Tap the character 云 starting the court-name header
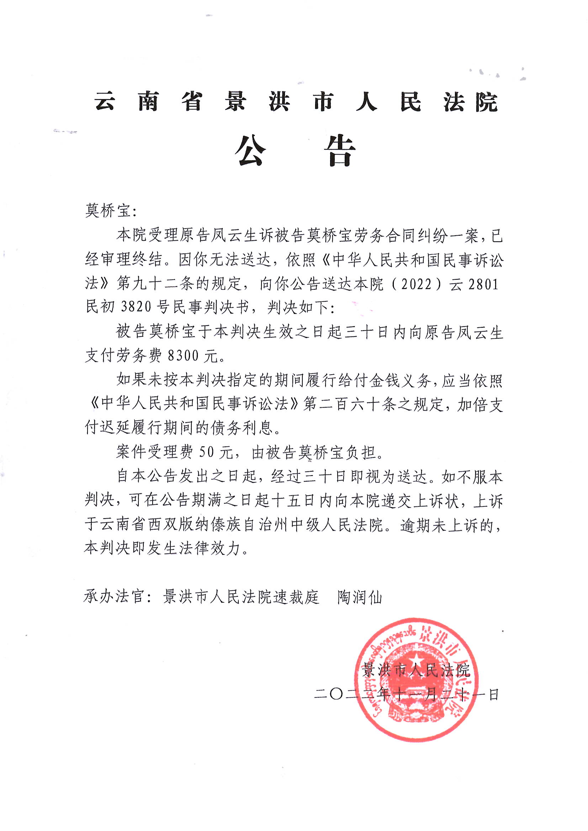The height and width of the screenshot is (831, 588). (x=105, y=101)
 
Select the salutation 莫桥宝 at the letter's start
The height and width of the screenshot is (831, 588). (x=107, y=211)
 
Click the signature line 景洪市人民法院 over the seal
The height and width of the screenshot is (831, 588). (x=416, y=671)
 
